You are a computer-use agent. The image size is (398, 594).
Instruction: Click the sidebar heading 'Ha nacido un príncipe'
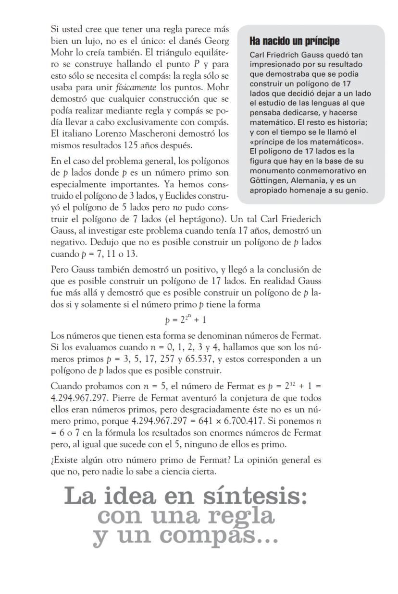pos(294,41)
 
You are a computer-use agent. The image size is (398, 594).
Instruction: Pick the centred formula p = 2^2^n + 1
pos(186,319)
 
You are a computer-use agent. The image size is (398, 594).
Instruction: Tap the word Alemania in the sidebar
pos(314,180)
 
